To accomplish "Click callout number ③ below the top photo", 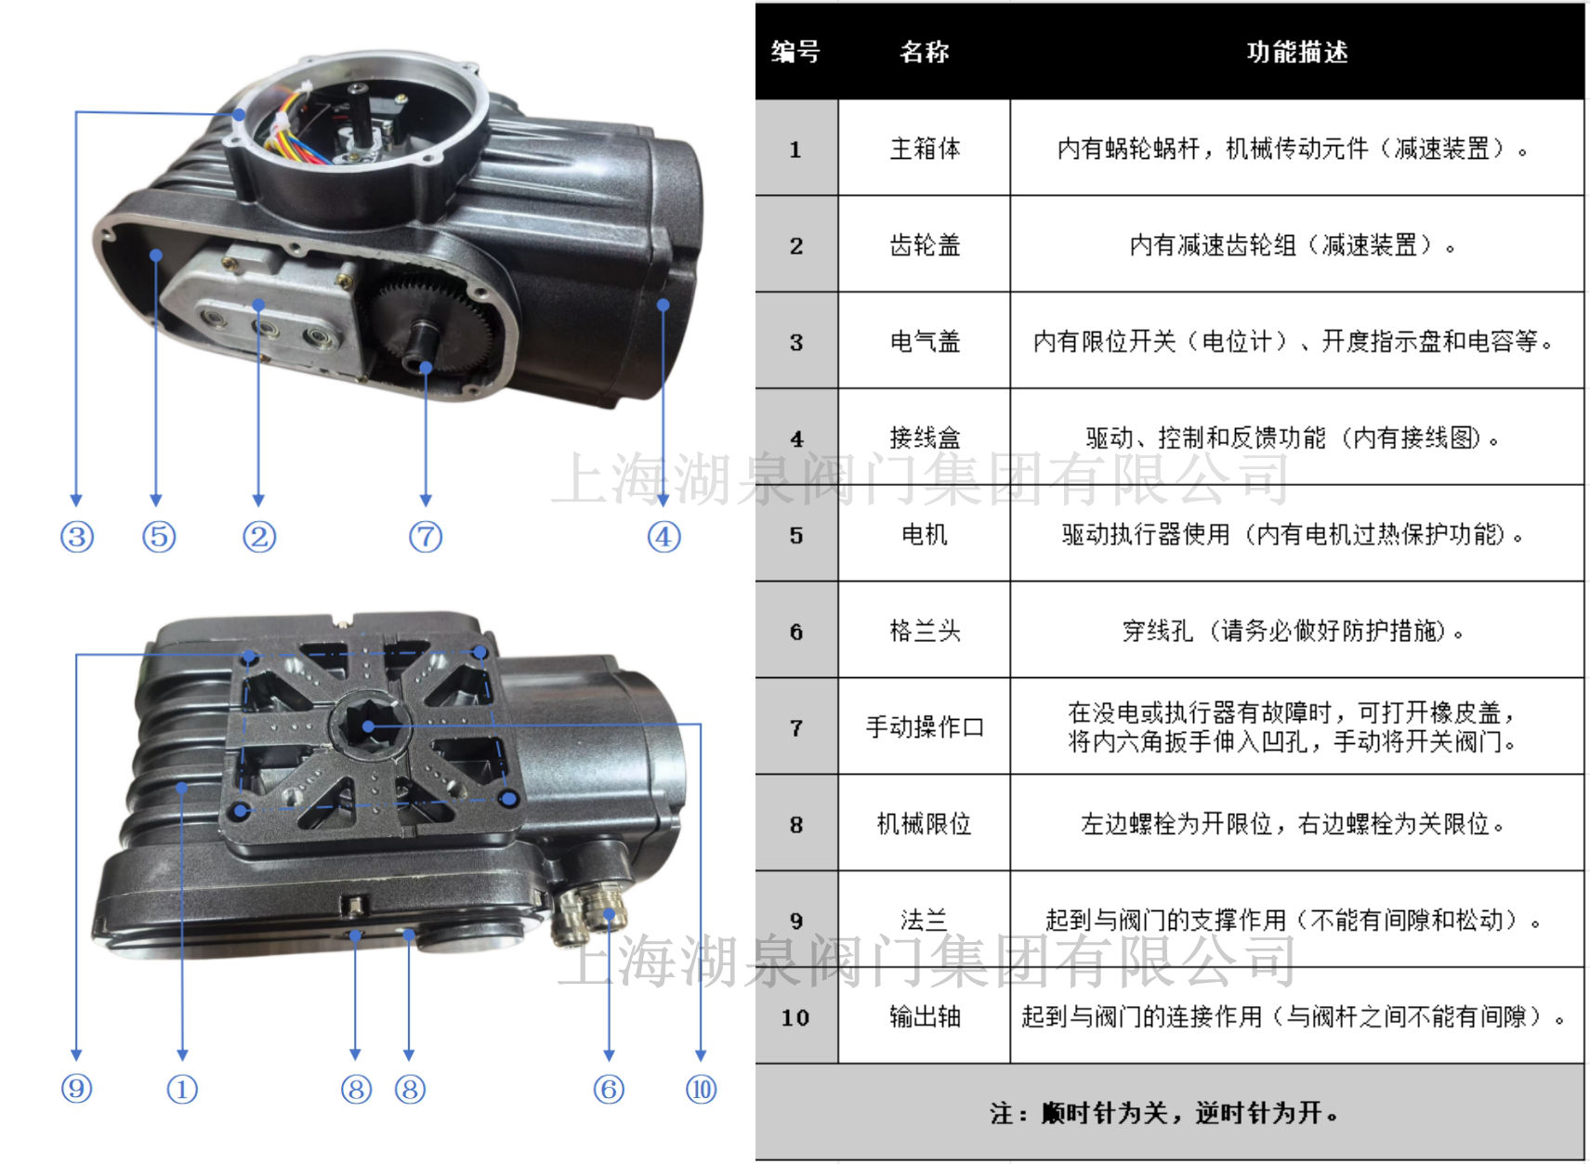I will (77, 537).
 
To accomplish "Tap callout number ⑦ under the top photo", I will (426, 537).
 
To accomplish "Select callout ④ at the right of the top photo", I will (664, 537).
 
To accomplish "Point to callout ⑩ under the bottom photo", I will (701, 1089).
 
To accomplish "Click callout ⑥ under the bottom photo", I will (609, 1089).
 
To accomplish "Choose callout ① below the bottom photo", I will (182, 1089).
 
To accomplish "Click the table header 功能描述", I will (1296, 52).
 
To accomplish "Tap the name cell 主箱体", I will (924, 149).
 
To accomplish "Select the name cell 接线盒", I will (924, 438).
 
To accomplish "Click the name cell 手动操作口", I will (924, 726).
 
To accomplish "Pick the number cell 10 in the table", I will (795, 1017).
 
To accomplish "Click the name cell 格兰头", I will (924, 631).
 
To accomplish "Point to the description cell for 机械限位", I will (1296, 824).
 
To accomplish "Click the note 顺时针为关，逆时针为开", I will (1166, 1112).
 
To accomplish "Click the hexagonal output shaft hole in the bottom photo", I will (370, 726).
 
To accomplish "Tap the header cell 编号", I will (795, 52).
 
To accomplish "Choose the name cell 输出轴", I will (924, 1017).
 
